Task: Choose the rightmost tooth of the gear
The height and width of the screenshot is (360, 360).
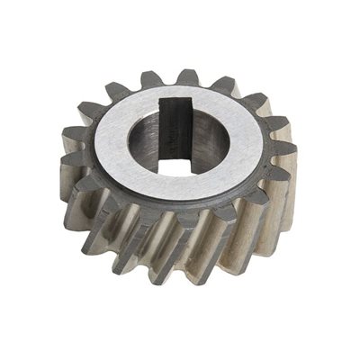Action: tap(291, 157)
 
